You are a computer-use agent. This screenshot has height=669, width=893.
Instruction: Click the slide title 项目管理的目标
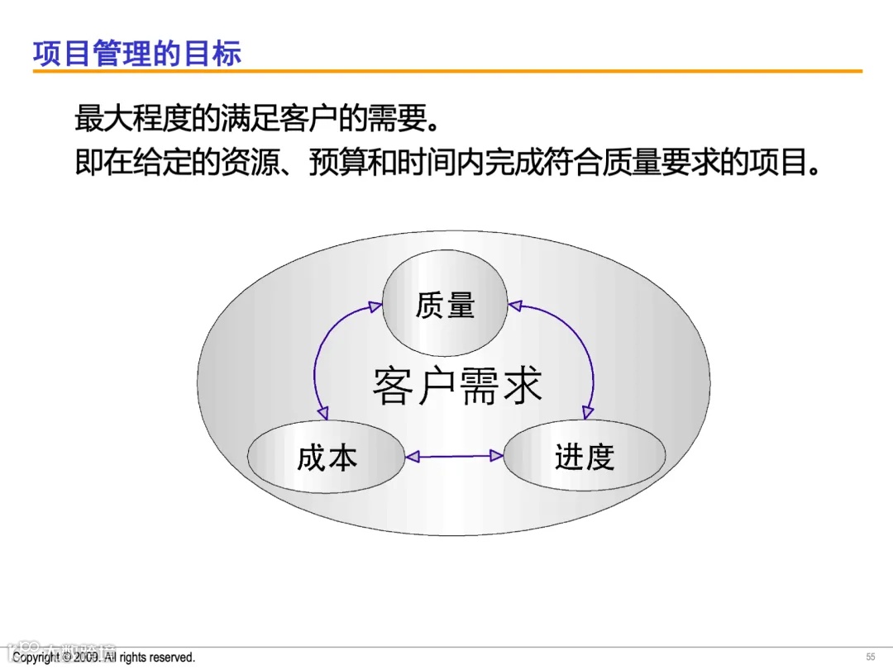pos(137,54)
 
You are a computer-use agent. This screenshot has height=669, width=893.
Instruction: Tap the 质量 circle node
pos(445,305)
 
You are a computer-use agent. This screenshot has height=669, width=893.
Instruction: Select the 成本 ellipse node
pos(327,457)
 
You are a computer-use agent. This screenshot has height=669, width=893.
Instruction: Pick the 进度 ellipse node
pos(585,456)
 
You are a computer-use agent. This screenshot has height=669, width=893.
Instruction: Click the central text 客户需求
pos(457,386)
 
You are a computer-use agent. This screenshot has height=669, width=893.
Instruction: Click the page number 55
pos(870,657)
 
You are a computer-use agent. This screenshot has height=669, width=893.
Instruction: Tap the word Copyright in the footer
pos(36,657)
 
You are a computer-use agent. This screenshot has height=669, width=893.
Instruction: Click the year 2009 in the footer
pos(87,657)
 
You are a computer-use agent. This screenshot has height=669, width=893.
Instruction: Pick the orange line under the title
pos(446,72)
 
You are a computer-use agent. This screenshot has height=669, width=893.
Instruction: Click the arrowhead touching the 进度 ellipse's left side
pos(498,455)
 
